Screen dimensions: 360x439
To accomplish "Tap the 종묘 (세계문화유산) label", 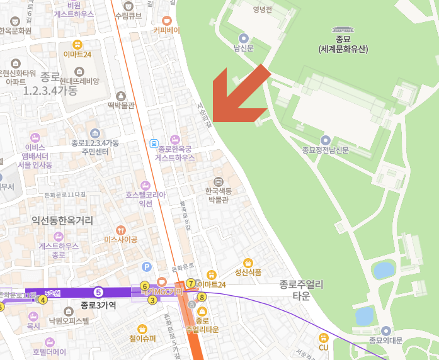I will pyautogui.click(x=343, y=44).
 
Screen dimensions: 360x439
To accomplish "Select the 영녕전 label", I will pyautogui.click(x=261, y=9).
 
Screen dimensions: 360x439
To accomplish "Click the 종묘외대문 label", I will pyautogui.click(x=385, y=340).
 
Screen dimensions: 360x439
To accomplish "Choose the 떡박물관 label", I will pyautogui.click(x=121, y=105).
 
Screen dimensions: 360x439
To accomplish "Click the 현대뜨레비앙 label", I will pyautogui.click(x=79, y=81).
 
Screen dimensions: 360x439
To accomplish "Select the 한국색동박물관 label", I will pyautogui.click(x=219, y=194).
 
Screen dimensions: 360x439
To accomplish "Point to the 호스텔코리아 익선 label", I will pyautogui.click(x=145, y=199).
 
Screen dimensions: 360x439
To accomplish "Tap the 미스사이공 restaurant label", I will pyautogui.click(x=121, y=239).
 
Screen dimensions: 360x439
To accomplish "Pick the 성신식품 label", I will pyautogui.click(x=248, y=272).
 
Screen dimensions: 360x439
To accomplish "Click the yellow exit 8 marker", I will pyautogui.click(x=202, y=297).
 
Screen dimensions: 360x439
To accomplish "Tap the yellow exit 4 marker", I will pyautogui.click(x=43, y=300).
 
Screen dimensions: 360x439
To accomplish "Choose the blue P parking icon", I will pyautogui.click(x=147, y=267).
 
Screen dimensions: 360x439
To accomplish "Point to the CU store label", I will pyautogui.click(x=324, y=346).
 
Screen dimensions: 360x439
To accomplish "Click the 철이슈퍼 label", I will pyautogui.click(x=142, y=338).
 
